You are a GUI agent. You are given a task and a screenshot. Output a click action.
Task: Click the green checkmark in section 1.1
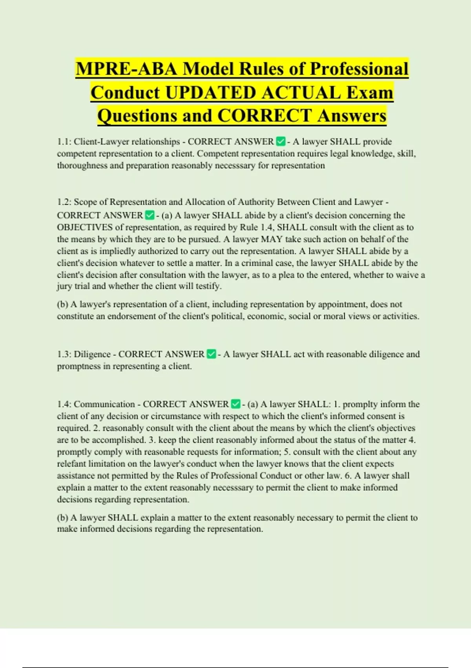point(281,141)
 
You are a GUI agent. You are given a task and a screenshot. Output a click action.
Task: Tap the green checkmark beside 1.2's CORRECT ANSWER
point(150,215)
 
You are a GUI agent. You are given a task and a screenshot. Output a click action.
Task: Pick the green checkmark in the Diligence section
point(211,354)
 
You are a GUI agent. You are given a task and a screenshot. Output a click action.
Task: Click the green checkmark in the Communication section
point(235,404)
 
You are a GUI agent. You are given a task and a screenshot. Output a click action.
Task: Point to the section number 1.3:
point(64,354)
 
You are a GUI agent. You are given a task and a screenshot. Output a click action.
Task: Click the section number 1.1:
point(64,141)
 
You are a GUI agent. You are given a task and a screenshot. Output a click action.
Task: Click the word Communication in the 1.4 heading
point(104,404)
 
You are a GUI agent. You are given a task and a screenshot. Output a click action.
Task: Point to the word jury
point(64,286)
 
